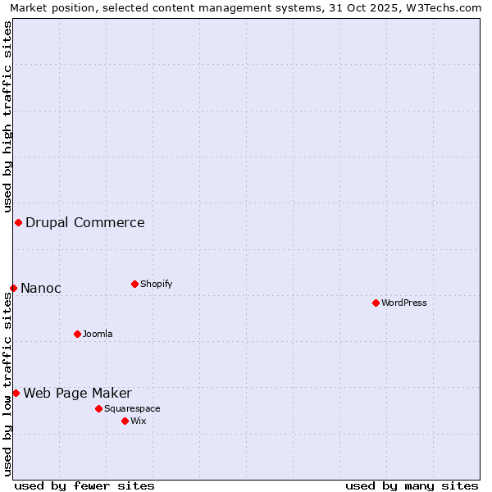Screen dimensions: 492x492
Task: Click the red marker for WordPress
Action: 376,303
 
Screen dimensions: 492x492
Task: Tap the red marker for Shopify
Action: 134,284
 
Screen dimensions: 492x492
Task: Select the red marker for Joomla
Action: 77,334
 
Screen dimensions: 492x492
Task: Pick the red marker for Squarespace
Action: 98,408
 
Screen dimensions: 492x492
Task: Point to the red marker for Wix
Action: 125,421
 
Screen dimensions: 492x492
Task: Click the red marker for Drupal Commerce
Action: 18,222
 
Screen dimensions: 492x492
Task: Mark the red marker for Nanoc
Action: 13,288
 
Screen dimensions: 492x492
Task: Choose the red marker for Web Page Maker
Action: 16,393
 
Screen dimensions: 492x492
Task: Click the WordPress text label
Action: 404,303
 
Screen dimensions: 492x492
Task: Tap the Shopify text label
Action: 157,284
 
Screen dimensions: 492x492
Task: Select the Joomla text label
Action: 98,334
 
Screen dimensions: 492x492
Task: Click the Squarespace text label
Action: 132,408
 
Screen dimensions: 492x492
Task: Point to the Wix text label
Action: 139,421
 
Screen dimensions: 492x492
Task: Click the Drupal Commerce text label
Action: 85,222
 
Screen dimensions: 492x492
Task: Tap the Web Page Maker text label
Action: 78,393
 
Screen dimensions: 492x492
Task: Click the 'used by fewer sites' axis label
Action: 84,485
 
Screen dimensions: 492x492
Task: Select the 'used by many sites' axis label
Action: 412,485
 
